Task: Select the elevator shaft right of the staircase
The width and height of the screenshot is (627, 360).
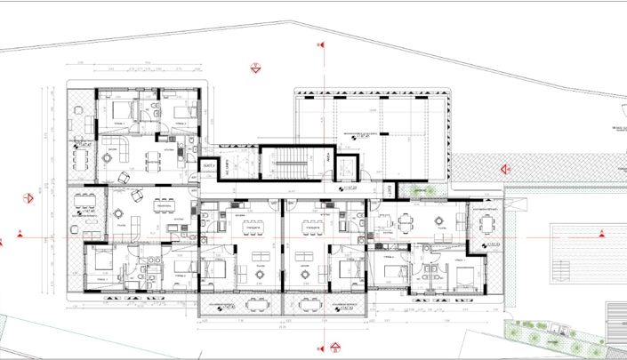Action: [x=329, y=164]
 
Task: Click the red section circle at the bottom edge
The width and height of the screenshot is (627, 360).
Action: [x=334, y=347]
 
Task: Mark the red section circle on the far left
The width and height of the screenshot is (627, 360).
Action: [x=20, y=238]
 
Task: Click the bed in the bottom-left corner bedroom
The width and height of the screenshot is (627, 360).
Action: [x=101, y=263]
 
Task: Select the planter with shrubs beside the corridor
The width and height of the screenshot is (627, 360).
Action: [x=416, y=190]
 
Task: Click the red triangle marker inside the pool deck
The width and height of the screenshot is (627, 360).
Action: [x=603, y=232]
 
